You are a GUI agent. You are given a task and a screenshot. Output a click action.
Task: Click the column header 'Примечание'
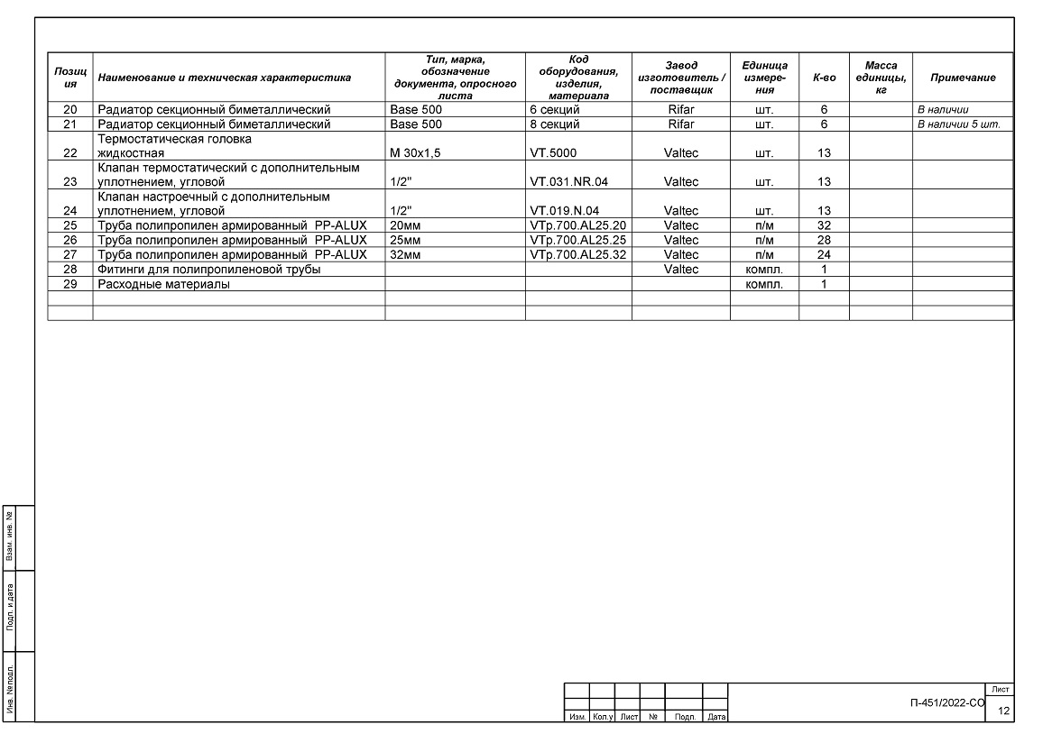click(963, 78)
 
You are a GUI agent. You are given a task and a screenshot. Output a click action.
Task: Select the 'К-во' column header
click(824, 78)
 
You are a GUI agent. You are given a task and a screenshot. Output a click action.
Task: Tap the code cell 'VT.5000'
click(553, 153)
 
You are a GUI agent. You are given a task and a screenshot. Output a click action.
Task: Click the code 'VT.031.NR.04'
click(568, 182)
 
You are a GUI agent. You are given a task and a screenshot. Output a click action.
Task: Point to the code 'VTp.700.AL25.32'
click(577, 254)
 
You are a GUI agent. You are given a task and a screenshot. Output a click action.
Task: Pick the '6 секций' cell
click(554, 110)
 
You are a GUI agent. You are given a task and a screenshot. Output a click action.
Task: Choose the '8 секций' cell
click(554, 124)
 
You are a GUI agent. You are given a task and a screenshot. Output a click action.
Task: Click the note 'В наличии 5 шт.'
click(958, 124)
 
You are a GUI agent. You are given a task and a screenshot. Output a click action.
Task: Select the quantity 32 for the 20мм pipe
click(824, 225)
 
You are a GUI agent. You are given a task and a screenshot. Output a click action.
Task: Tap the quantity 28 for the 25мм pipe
click(824, 240)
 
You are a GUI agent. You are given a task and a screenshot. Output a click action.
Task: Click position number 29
click(70, 284)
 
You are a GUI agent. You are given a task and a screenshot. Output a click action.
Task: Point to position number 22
click(70, 153)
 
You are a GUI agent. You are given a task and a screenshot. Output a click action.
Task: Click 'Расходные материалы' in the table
click(163, 284)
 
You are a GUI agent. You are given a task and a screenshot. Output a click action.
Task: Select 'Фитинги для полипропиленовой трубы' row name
click(209, 270)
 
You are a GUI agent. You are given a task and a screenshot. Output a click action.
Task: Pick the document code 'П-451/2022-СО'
click(947, 702)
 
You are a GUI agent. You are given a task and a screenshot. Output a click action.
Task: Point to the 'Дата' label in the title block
click(716, 718)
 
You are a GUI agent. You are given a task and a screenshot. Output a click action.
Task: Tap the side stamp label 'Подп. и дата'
click(10, 610)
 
